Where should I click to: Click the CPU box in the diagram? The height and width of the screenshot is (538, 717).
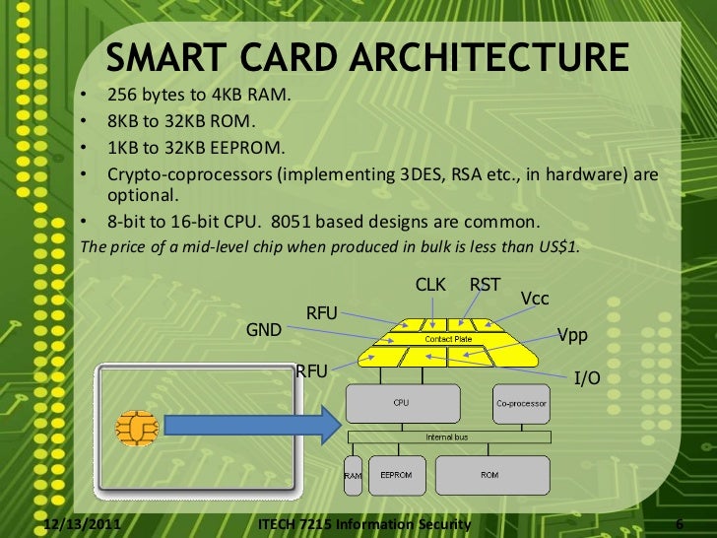click(402, 404)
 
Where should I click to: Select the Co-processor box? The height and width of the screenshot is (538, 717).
click(522, 404)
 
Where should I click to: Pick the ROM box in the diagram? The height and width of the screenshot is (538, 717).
click(489, 475)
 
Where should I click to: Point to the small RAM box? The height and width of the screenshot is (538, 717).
click(352, 476)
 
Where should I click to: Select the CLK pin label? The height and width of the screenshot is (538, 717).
click(430, 285)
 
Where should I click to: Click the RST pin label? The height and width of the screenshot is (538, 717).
click(485, 285)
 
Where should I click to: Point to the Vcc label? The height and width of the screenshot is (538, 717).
click(535, 298)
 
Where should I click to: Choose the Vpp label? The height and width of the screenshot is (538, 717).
click(572, 335)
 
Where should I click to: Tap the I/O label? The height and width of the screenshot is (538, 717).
click(587, 377)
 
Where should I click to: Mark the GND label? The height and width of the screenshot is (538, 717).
click(264, 330)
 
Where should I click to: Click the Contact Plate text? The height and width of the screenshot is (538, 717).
click(448, 339)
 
